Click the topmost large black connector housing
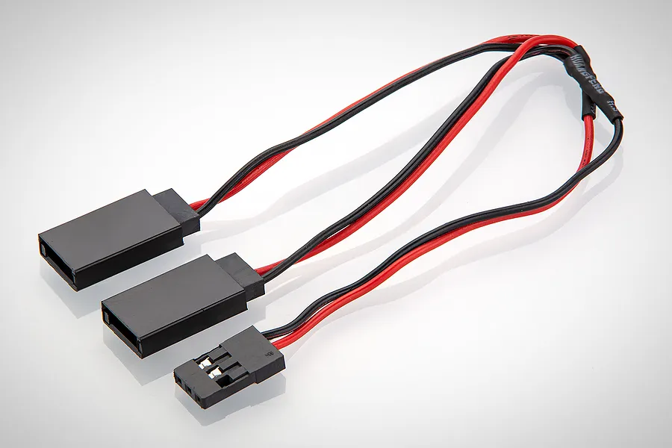112,239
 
